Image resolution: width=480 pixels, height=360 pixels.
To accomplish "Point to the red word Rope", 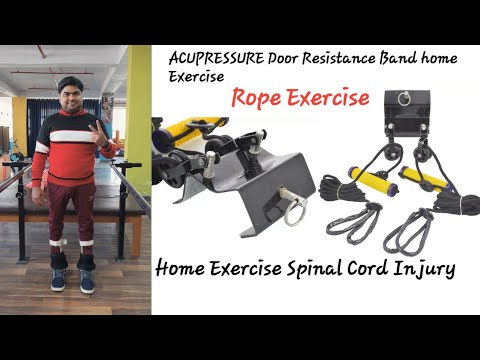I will [x=258, y=99].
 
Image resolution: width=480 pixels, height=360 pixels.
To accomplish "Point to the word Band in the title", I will [x=405, y=58].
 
